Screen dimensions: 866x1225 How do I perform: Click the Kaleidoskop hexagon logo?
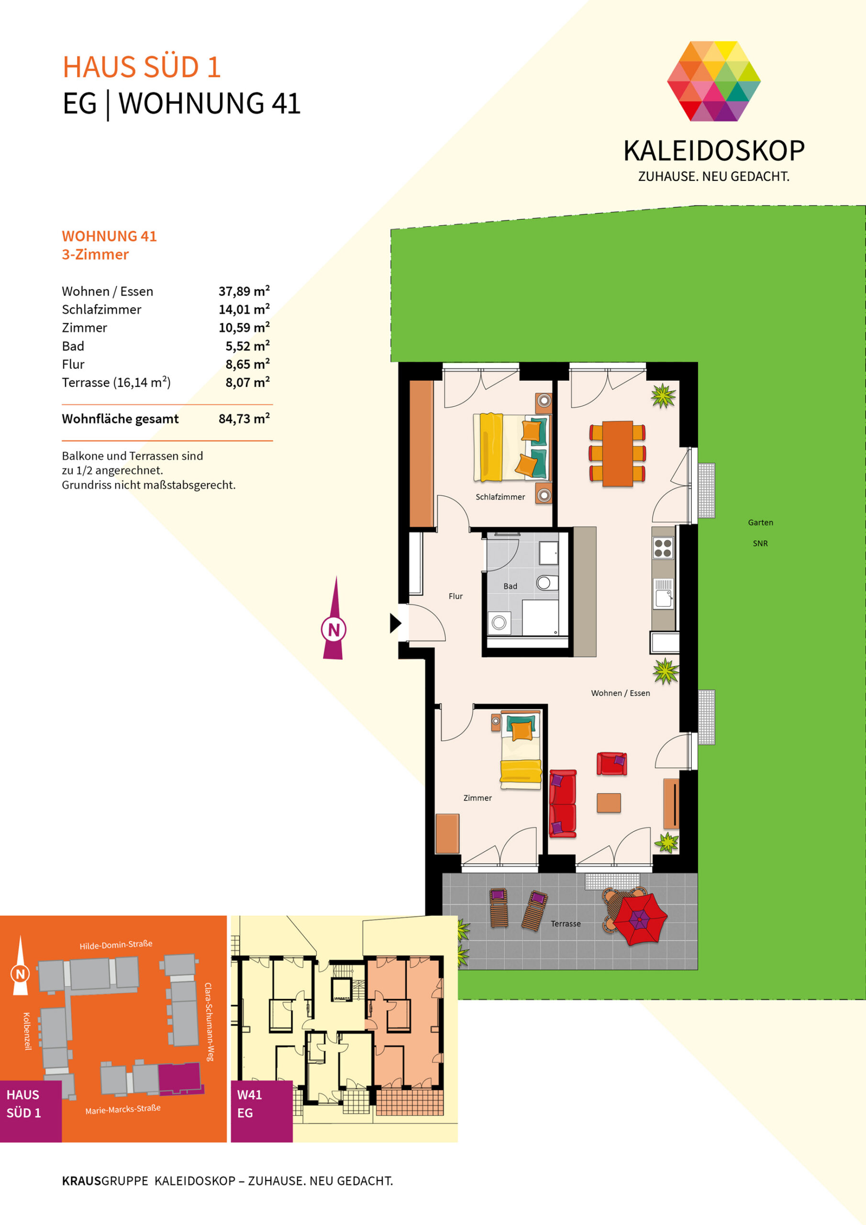coord(713,81)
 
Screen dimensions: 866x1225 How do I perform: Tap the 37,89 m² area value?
coord(244,291)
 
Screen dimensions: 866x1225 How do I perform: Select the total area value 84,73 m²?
coord(244,419)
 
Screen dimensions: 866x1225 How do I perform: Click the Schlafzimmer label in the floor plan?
coord(500,497)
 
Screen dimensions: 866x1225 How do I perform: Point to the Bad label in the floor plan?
coord(510,586)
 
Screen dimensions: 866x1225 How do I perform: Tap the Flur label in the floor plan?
coord(455,596)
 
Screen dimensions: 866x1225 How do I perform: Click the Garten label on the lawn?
coord(760,523)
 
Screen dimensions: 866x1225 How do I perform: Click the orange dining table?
coord(617,454)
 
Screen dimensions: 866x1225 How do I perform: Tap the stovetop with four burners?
coord(663,548)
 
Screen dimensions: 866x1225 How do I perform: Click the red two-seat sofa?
coord(563,803)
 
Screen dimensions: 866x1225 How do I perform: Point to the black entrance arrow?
coord(395,623)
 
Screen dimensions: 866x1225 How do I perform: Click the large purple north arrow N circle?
coord(333,630)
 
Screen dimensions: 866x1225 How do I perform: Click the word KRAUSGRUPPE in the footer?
coord(105,1180)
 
